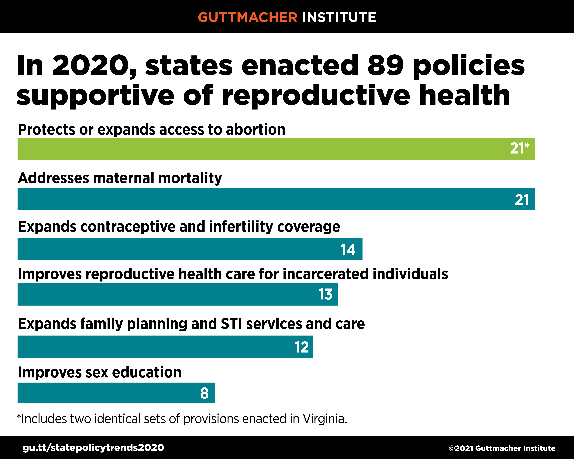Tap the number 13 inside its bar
coord(325,294)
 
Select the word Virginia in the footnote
coord(325,419)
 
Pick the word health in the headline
coord(465,95)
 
